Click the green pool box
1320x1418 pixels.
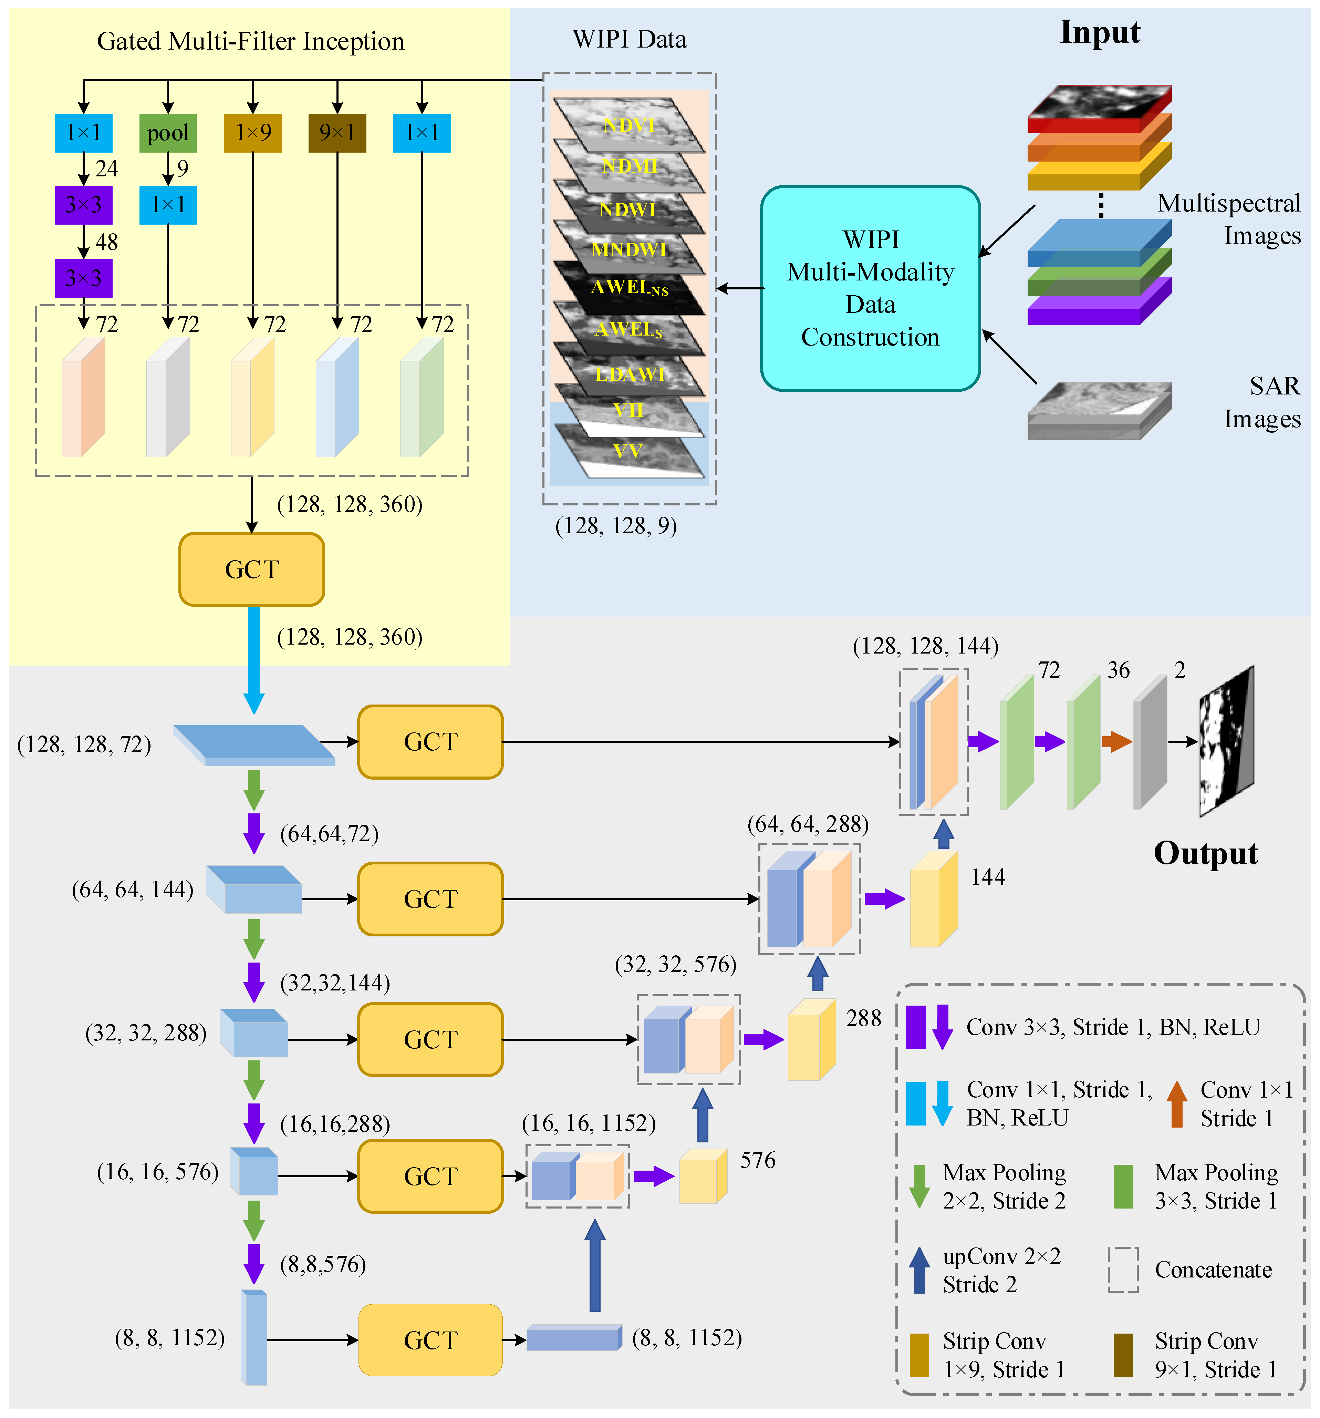click(168, 133)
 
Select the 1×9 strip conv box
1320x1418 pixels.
click(252, 133)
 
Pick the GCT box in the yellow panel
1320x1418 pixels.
click(252, 569)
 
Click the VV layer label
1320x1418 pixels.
click(627, 451)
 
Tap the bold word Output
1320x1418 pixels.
click(1205, 853)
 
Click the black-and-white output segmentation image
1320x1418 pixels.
click(1227, 742)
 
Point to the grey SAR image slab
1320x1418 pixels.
click(1098, 412)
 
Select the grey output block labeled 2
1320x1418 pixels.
click(1150, 742)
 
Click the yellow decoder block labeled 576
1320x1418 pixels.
click(703, 1177)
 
